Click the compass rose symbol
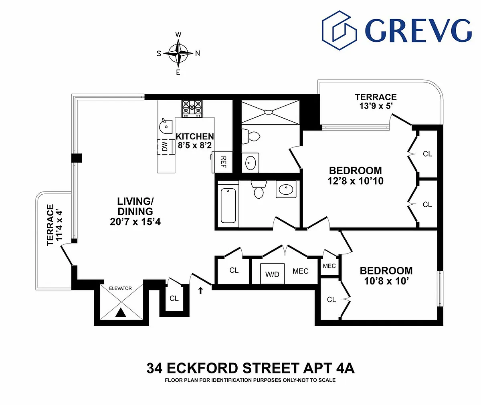tap(178, 53)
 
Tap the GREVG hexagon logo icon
tap(339, 30)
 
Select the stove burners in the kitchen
tap(192, 109)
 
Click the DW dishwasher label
tap(165, 147)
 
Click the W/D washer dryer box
tap(272, 274)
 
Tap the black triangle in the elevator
tap(121, 313)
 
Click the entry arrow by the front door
tap(201, 290)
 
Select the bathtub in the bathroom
tap(228, 206)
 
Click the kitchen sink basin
tap(166, 126)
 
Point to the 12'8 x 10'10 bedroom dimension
tap(356, 181)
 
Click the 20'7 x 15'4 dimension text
tap(135, 222)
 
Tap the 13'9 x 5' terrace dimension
tap(376, 106)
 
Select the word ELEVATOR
tap(120, 288)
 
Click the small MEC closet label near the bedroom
tap(329, 266)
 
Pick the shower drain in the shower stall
tap(269, 112)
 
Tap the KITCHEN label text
tap(195, 137)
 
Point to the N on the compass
tap(198, 53)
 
